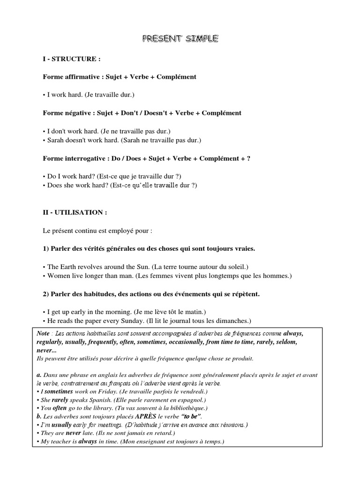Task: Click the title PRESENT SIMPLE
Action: coord(180,39)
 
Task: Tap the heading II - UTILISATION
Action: coord(75,212)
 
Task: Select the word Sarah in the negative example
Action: coord(57,140)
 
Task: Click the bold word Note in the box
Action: coord(43,333)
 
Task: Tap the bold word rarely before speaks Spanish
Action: coord(60,400)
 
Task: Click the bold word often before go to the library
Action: coord(60,408)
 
